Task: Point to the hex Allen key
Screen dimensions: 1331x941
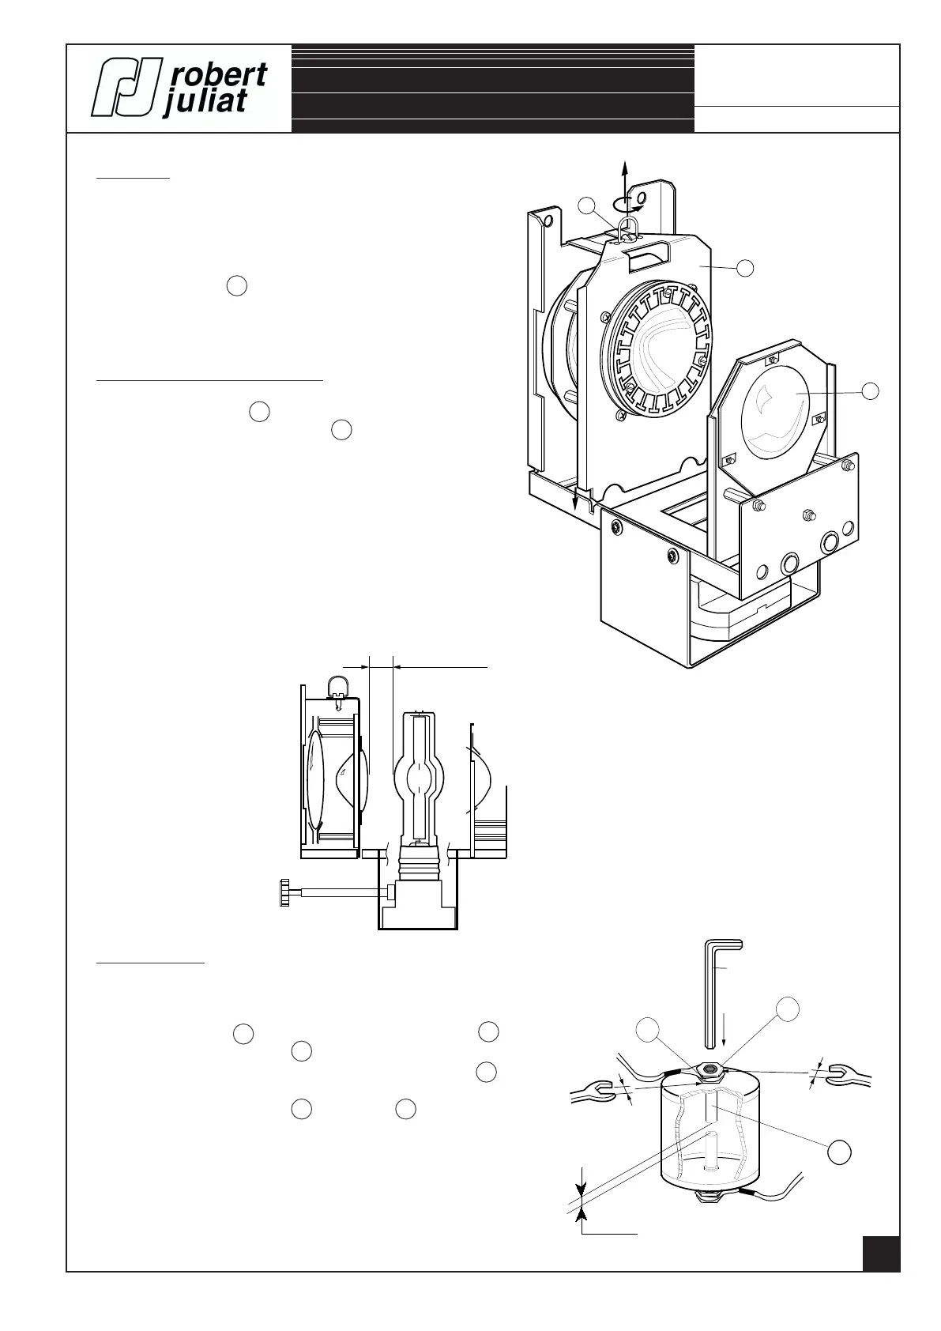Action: (718, 988)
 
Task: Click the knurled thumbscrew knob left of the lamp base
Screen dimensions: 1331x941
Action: (285, 892)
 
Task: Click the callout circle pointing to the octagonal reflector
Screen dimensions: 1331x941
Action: (871, 390)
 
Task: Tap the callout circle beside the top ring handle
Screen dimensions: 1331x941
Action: (586, 205)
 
